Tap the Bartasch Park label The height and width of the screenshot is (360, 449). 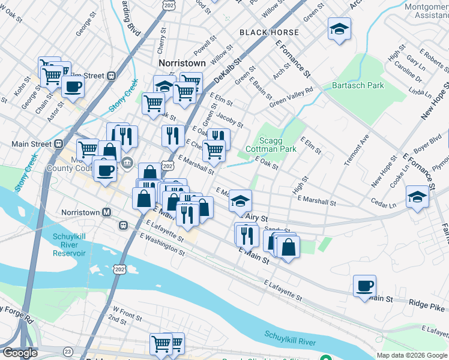tap(358, 85)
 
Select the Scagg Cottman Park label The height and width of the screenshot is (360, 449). tap(271, 144)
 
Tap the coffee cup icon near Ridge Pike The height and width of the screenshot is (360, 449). tap(364, 285)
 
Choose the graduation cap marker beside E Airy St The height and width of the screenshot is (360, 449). tap(240, 200)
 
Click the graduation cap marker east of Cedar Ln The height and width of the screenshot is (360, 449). tap(417, 196)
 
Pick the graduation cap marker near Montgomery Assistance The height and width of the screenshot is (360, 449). tap(339, 28)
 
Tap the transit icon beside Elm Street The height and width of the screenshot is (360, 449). tap(111, 76)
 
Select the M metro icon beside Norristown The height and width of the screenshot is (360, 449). tap(107, 212)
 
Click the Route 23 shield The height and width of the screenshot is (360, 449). tap(68, 351)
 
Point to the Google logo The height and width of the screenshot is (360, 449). tap(20, 353)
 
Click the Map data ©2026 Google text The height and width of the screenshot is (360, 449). tap(412, 355)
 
